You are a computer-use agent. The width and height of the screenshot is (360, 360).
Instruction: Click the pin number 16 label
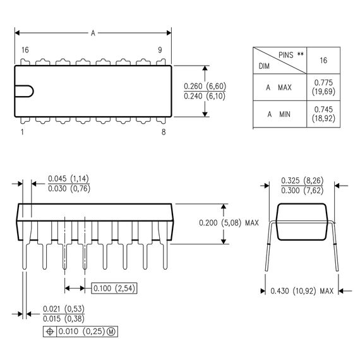click(25, 50)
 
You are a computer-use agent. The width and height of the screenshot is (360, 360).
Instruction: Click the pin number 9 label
click(160, 50)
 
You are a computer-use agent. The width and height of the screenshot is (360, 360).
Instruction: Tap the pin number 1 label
click(23, 132)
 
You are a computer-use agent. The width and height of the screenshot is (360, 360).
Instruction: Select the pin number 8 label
click(163, 132)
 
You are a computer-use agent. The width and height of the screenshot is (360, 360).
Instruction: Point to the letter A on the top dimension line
click(93, 32)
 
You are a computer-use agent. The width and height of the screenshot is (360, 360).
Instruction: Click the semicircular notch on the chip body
click(23, 91)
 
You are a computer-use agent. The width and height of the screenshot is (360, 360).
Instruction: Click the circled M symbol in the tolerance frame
click(111, 332)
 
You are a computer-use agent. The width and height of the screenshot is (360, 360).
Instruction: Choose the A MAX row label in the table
click(279, 88)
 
